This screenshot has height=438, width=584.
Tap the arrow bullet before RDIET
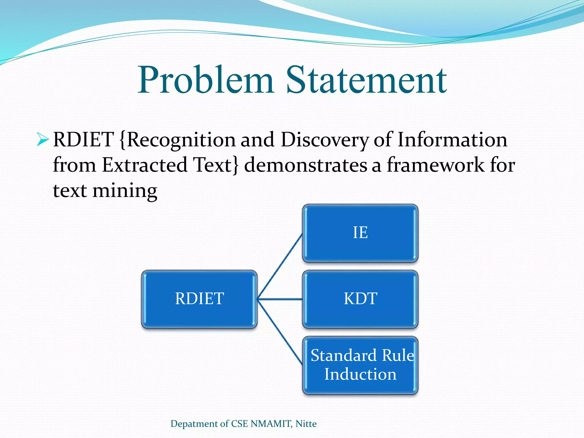click(43, 140)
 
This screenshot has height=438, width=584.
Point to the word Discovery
click(325, 140)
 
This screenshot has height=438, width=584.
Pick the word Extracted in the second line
click(145, 165)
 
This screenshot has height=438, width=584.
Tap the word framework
click(435, 165)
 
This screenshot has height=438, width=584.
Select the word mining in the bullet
click(125, 190)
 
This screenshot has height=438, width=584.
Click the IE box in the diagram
click(360, 233)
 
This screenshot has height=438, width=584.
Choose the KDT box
click(360, 299)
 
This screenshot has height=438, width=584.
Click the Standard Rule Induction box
click(360, 365)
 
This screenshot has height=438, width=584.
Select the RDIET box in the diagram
click(199, 299)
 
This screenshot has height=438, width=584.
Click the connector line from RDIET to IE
click(280, 267)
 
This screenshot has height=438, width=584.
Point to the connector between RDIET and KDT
click(280, 299)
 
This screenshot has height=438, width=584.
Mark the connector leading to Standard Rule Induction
click(280, 332)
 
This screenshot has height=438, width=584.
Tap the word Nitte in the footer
click(306, 424)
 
